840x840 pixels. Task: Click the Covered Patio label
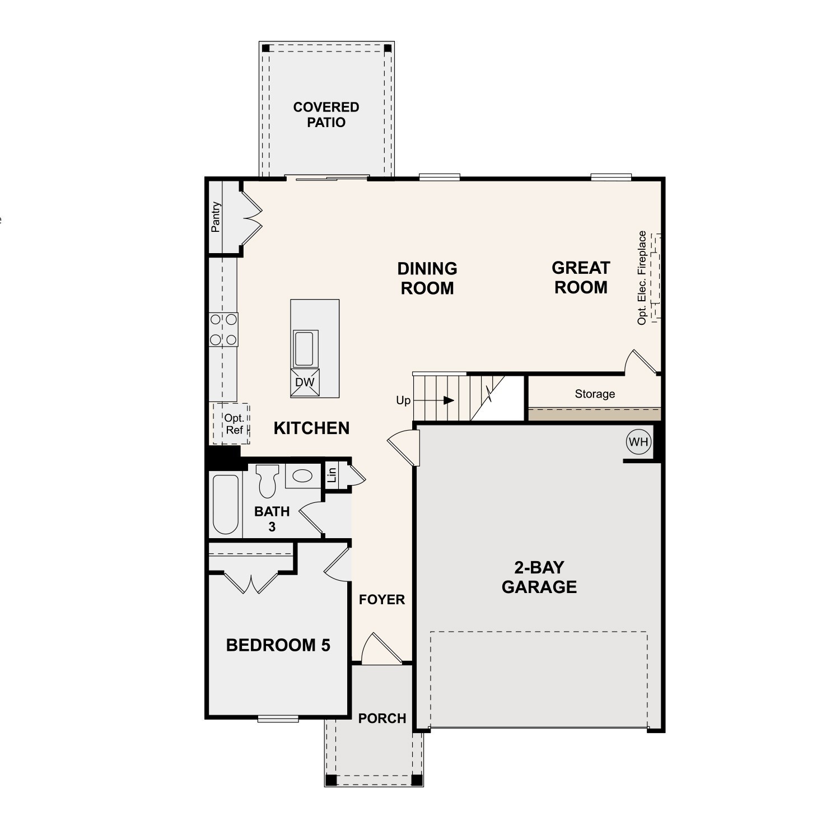pyautogui.click(x=326, y=115)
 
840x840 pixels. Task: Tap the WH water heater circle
pyautogui.click(x=638, y=442)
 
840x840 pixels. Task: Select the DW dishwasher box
pyautogui.click(x=305, y=382)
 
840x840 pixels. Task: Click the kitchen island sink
pyautogui.click(x=305, y=348)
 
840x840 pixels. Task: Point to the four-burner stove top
pyautogui.click(x=223, y=329)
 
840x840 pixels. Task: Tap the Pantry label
pyautogui.click(x=216, y=217)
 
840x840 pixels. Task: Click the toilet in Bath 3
pyautogui.click(x=267, y=480)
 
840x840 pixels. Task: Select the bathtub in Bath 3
pyautogui.click(x=226, y=505)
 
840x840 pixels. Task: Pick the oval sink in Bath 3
pyautogui.click(x=303, y=477)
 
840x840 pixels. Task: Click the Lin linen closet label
pyautogui.click(x=332, y=475)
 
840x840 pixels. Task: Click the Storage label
pyautogui.click(x=595, y=394)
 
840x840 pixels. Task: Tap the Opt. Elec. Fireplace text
pyautogui.click(x=642, y=278)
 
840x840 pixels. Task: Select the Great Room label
pyautogui.click(x=581, y=278)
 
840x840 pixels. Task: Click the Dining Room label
pyautogui.click(x=427, y=278)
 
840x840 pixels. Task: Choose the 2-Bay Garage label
pyautogui.click(x=539, y=577)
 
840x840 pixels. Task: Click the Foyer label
pyautogui.click(x=382, y=600)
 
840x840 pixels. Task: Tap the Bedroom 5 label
pyautogui.click(x=278, y=645)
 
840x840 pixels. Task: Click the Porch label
pyautogui.click(x=382, y=718)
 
